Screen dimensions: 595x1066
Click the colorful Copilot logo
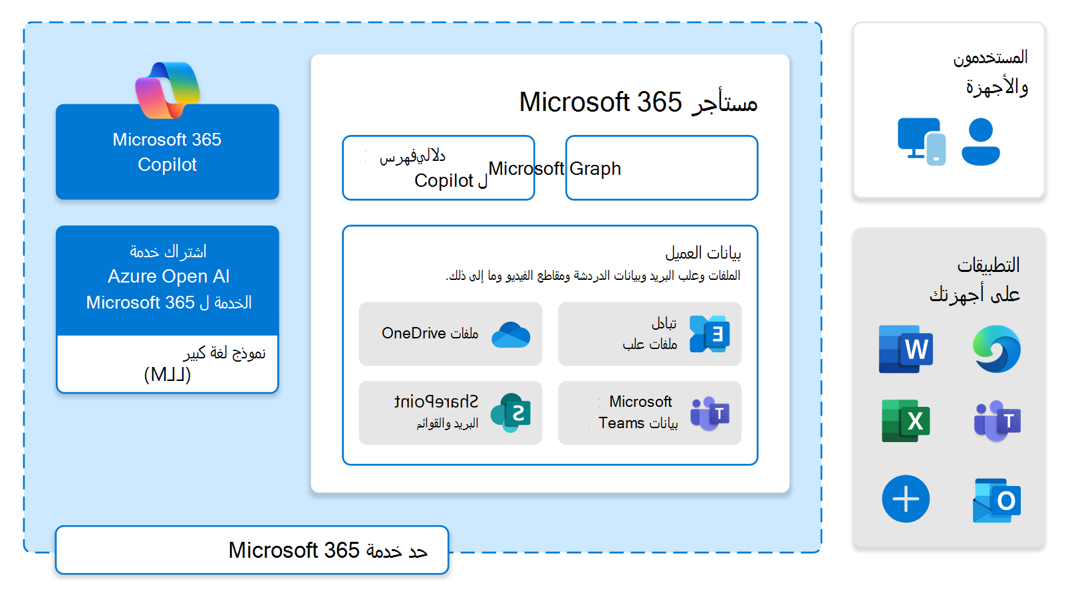168,90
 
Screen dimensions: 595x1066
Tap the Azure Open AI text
168,277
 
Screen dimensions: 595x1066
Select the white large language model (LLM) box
168,364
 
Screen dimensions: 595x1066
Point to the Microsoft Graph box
661,168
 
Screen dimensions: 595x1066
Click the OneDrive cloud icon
511,334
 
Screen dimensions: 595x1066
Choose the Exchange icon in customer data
710,334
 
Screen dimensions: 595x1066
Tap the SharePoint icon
511,413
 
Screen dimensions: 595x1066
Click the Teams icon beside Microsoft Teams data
710,413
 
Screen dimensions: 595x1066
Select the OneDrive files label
430,334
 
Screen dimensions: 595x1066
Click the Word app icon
905,349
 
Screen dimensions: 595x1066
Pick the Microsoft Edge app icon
996,349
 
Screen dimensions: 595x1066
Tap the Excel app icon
905,421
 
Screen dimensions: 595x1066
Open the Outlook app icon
996,500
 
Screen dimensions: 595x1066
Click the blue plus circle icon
905,499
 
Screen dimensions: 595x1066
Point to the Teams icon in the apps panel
996,421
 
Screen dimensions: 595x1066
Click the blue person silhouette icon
980,142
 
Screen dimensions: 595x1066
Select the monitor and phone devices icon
921,142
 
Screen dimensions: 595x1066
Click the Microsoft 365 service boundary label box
252,550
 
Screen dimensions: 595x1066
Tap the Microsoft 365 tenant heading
638,102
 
